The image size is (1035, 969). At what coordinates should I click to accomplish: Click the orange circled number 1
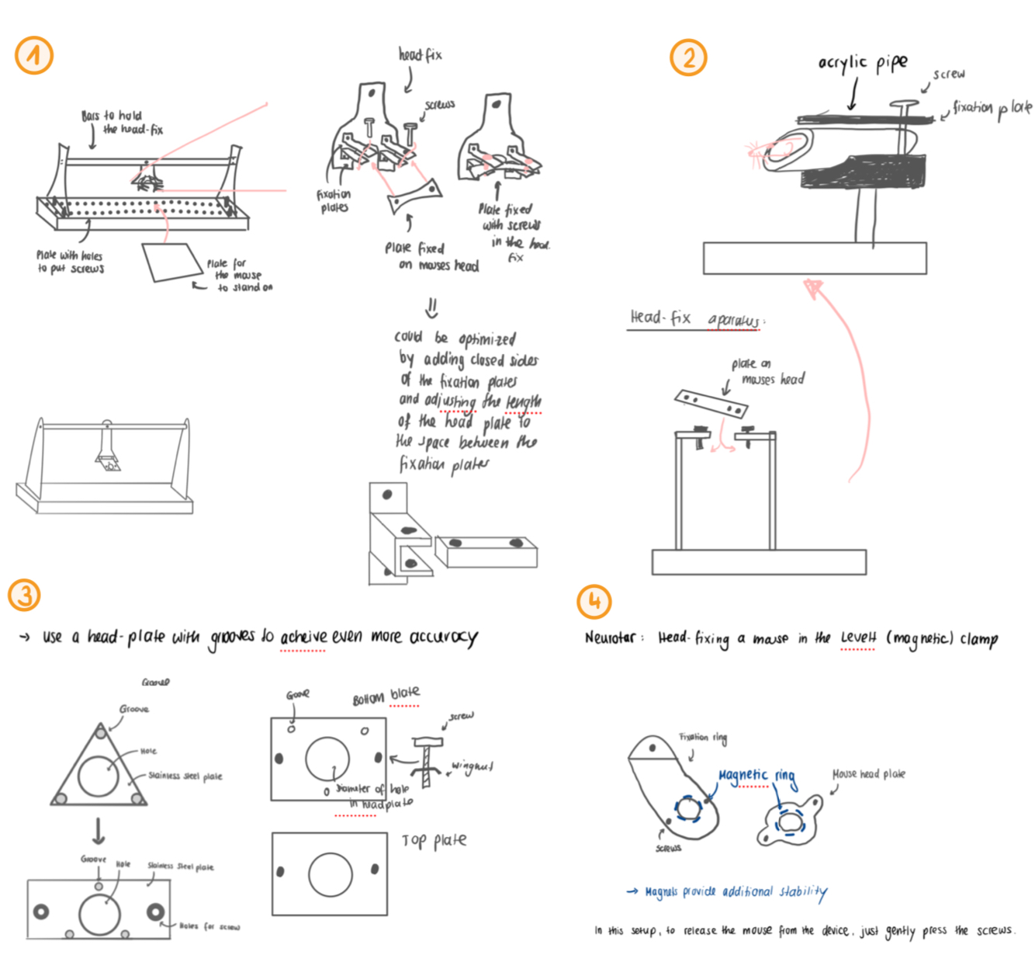click(34, 55)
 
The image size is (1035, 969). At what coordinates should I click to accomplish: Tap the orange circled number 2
click(688, 57)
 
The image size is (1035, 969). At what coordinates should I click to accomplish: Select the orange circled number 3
click(25, 596)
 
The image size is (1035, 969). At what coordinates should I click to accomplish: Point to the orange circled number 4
click(594, 602)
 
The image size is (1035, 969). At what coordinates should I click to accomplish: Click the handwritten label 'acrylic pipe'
click(862, 63)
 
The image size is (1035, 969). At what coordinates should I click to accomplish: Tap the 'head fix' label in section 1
click(420, 54)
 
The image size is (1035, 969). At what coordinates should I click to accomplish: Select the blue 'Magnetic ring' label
click(756, 775)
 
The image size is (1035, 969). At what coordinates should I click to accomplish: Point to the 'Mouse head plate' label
click(868, 773)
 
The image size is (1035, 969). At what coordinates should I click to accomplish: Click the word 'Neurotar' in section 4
click(610, 638)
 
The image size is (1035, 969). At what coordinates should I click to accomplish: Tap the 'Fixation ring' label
click(703, 737)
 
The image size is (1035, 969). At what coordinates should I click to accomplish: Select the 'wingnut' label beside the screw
click(472, 767)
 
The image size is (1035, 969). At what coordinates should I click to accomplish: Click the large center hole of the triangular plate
click(99, 775)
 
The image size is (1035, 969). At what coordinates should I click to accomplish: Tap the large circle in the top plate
click(331, 874)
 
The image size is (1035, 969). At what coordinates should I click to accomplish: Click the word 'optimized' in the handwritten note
click(486, 339)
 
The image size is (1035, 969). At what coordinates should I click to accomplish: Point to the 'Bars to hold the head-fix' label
click(122, 123)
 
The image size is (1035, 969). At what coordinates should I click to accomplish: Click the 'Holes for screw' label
click(209, 926)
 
